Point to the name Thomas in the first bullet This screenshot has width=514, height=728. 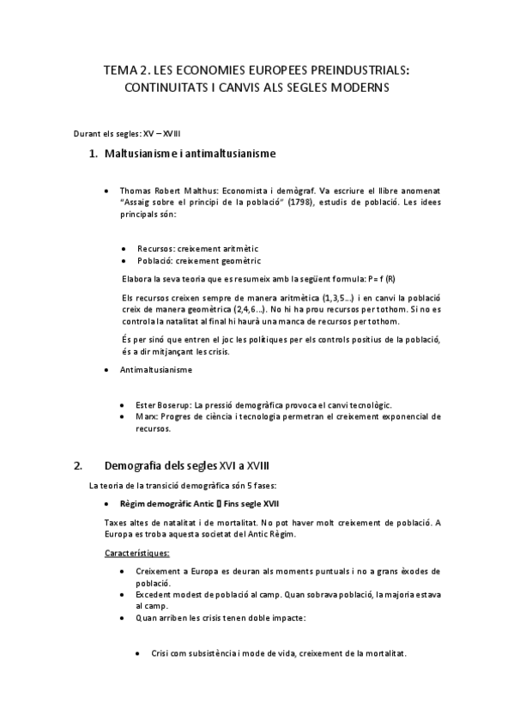[x=136, y=191]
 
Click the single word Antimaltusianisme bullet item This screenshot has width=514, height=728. [x=156, y=370]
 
